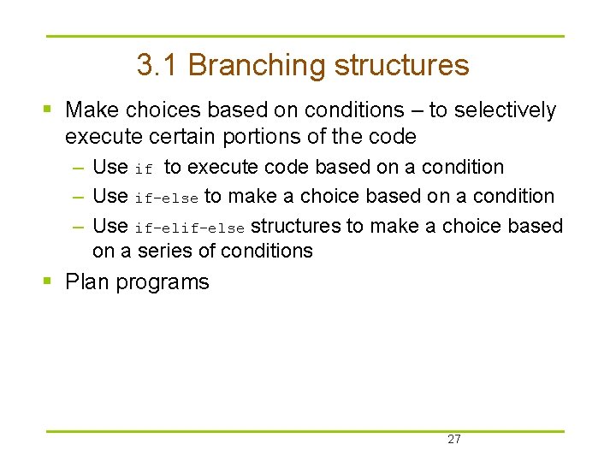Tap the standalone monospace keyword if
pos(144,169)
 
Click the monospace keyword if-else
pos(167,198)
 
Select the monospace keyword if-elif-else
pos(190,227)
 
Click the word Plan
pos(86,282)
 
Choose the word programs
pos(162,283)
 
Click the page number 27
pos(453,440)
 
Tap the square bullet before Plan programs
pos(49,281)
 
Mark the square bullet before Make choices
pos(49,110)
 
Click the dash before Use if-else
pos(78,197)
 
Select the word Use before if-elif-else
pos(110,226)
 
